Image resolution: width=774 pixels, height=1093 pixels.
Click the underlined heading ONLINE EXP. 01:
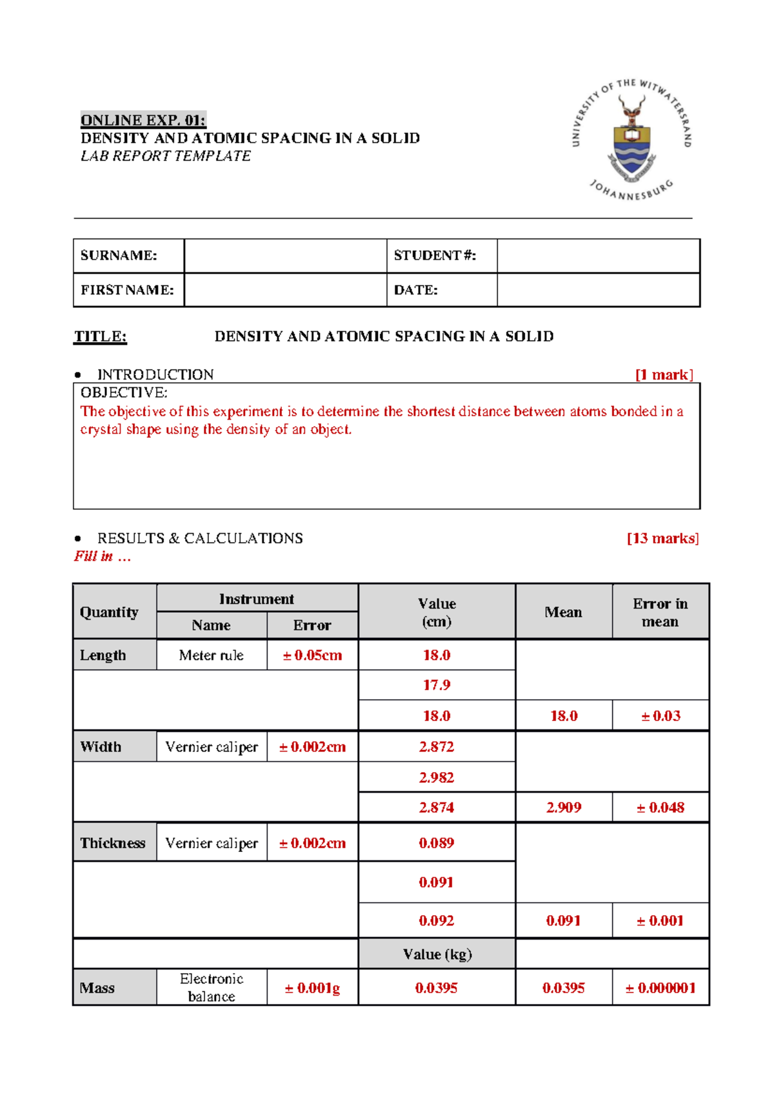(x=143, y=121)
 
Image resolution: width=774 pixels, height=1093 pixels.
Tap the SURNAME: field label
(x=119, y=255)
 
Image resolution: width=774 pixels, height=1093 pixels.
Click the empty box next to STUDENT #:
(x=598, y=256)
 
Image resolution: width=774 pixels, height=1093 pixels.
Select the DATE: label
(x=416, y=290)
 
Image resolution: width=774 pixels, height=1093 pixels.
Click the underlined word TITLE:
(x=101, y=336)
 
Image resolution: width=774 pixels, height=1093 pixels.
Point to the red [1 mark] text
(x=664, y=375)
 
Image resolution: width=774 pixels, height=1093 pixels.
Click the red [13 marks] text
(x=662, y=538)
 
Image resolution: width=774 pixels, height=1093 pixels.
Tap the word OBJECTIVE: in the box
(x=124, y=393)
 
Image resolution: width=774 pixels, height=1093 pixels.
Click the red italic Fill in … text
(x=102, y=557)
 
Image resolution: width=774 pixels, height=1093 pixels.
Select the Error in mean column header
(x=660, y=612)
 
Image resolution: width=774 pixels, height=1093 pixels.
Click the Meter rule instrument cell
(x=212, y=655)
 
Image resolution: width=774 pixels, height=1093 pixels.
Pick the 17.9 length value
(x=437, y=685)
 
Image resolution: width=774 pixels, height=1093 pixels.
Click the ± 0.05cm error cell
(x=312, y=655)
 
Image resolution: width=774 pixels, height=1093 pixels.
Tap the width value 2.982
(x=437, y=777)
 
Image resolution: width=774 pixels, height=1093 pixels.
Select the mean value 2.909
(x=563, y=808)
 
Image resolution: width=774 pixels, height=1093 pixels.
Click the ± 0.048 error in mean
(x=660, y=808)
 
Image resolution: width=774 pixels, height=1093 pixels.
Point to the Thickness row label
(x=113, y=843)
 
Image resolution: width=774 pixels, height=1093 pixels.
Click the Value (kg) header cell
(x=437, y=954)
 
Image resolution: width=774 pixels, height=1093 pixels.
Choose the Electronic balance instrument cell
(x=212, y=987)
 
